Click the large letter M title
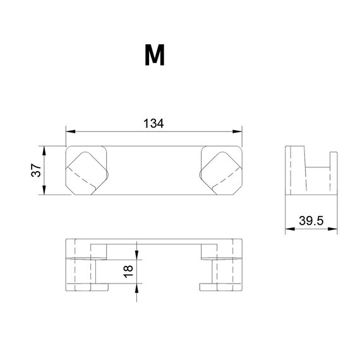pos(155,55)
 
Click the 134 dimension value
pos(153,124)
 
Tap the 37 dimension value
pos(36,170)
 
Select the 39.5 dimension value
pos(311,220)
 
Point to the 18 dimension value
pos(128,272)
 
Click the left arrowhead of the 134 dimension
pos(71,131)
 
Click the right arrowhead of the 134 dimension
pos(237,131)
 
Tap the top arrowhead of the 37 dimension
pos(44,151)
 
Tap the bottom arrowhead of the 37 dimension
pos(44,190)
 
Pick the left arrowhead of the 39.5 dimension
pos(290,229)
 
